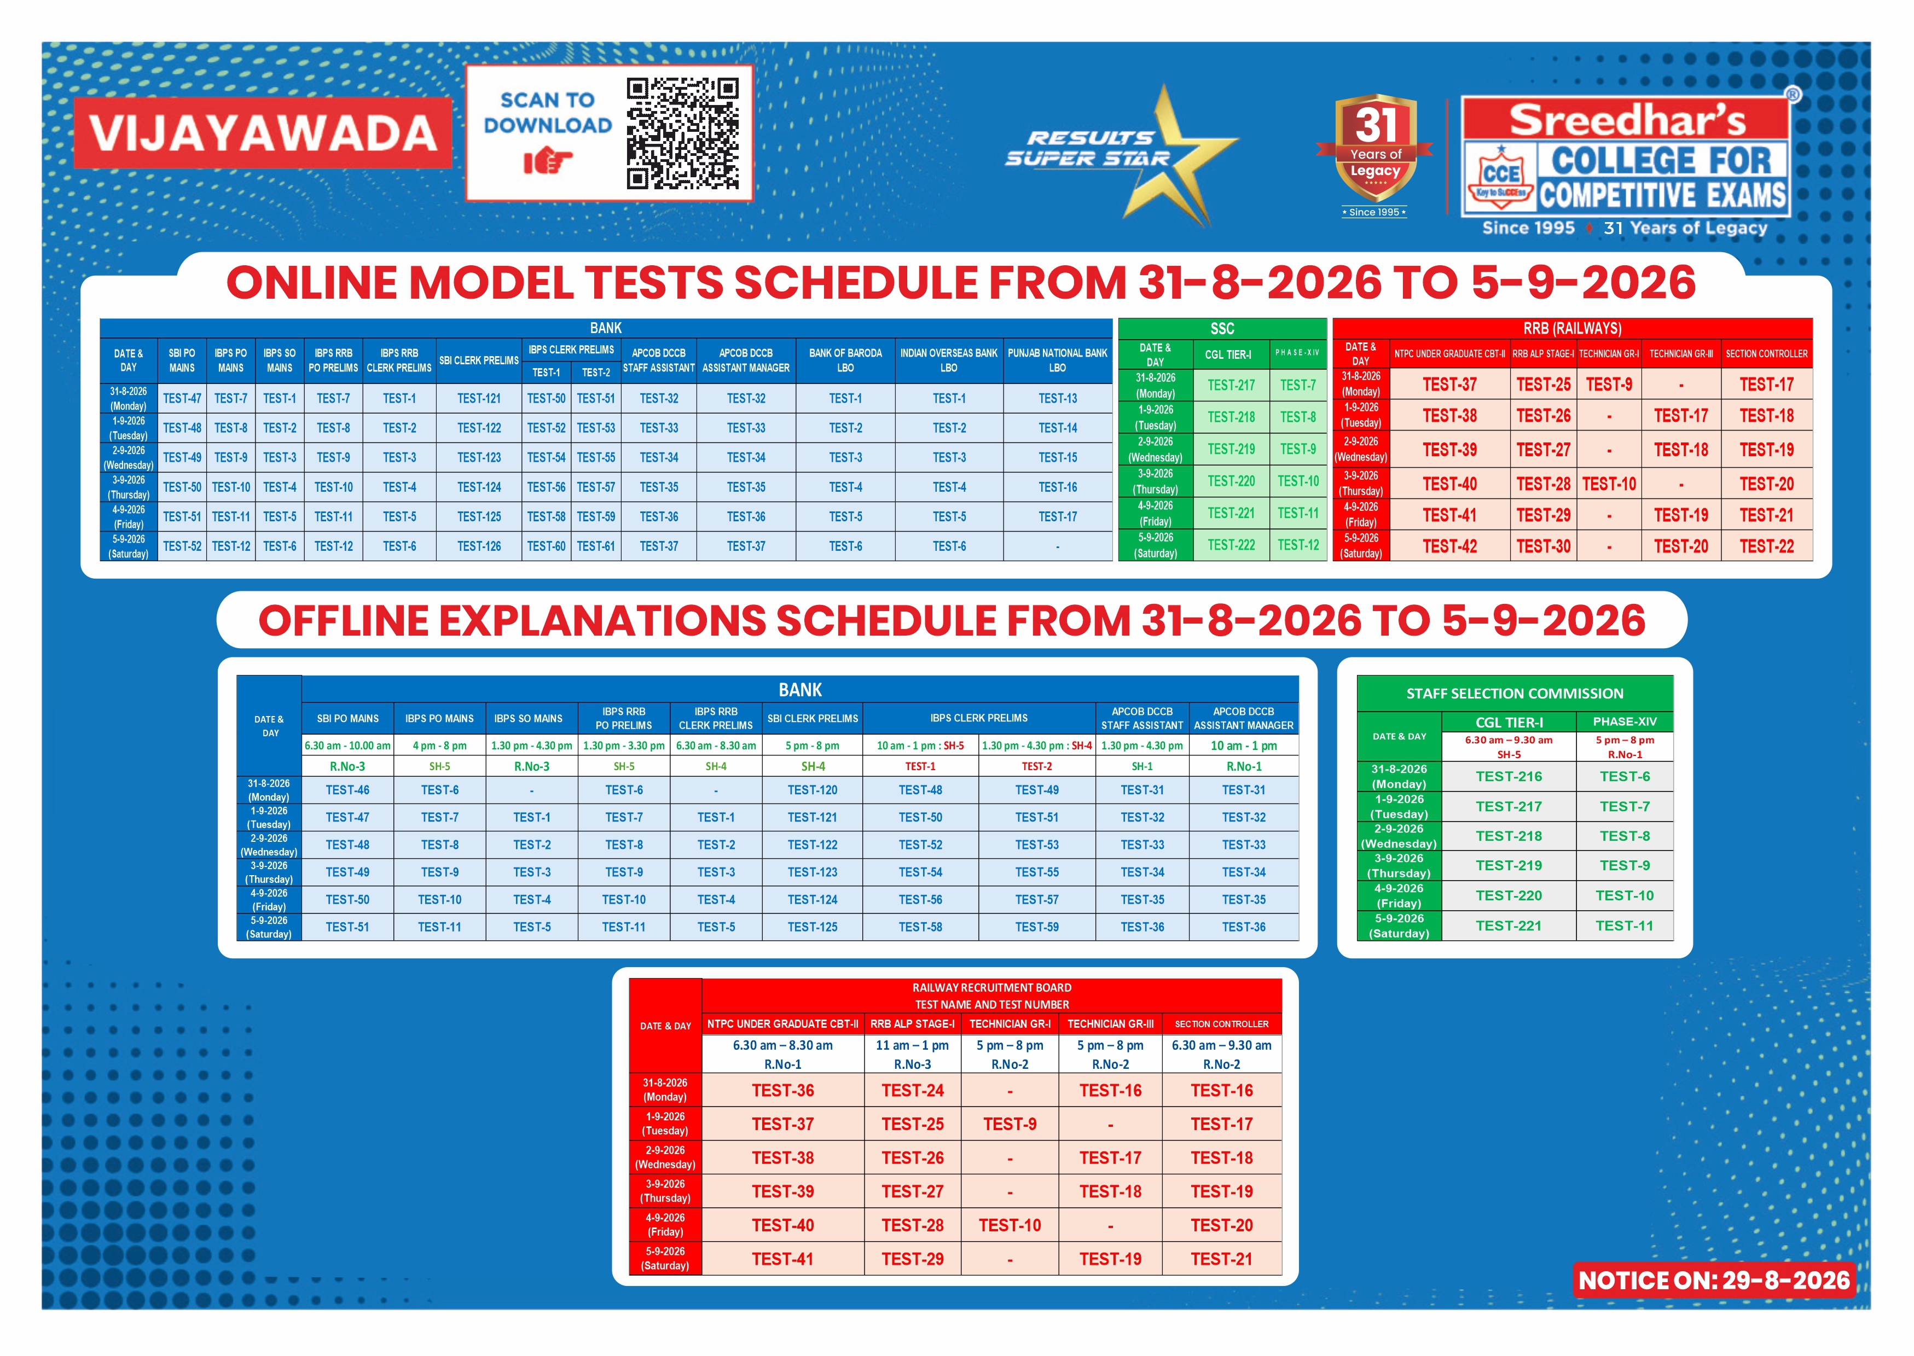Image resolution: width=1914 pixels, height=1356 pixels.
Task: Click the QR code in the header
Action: coord(683,133)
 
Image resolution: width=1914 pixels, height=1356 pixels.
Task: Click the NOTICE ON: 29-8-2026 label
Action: coord(1714,1280)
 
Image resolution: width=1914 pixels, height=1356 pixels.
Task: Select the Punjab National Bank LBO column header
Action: coord(1057,360)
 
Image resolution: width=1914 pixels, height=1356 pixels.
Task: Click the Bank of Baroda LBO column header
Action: coord(845,360)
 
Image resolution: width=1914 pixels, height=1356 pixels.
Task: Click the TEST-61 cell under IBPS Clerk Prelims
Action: coord(595,546)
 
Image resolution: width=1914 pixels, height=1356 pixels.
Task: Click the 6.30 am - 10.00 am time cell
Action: coord(347,746)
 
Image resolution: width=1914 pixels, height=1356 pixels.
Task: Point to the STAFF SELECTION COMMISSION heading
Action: coord(1515,693)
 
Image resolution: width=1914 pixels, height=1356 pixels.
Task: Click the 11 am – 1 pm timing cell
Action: coord(912,1045)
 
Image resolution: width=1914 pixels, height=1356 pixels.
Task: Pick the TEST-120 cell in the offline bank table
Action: coord(813,790)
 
